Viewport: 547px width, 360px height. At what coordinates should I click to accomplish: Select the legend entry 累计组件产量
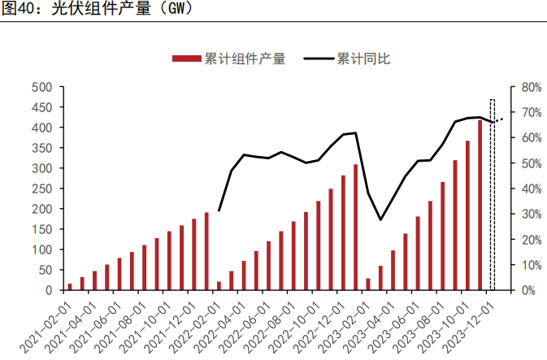pyautogui.click(x=245, y=59)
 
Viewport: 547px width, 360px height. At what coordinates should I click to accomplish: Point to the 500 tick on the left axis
pyautogui.click(x=41, y=87)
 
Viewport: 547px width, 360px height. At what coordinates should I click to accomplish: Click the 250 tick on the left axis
pyautogui.click(x=41, y=189)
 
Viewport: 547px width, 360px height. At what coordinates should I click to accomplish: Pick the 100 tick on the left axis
pyautogui.click(x=41, y=249)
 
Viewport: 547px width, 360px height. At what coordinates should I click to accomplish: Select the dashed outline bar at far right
pyautogui.click(x=492, y=195)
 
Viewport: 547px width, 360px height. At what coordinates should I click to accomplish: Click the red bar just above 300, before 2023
pyautogui.click(x=355, y=228)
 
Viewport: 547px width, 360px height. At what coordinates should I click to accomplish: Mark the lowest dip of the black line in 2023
pyautogui.click(x=380, y=219)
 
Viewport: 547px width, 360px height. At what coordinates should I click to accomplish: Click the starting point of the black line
pyautogui.click(x=219, y=210)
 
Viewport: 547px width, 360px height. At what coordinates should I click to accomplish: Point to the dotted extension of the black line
pyautogui.click(x=497, y=120)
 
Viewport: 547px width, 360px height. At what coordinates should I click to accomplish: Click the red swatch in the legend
pyautogui.click(x=186, y=59)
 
